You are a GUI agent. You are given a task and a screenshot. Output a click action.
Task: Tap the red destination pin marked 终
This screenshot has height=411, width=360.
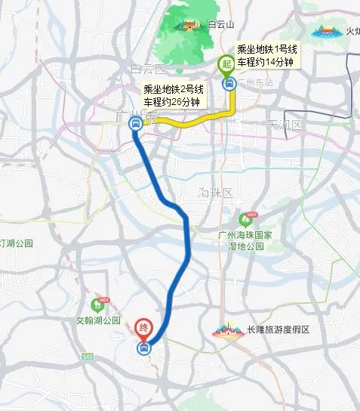(143, 329)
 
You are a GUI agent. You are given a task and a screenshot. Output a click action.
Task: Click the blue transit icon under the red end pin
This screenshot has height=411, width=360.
(143, 348)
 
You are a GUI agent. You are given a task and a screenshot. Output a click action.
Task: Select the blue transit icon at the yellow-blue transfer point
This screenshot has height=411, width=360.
(135, 125)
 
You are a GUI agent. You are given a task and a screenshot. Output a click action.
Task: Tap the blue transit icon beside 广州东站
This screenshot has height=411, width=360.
(227, 83)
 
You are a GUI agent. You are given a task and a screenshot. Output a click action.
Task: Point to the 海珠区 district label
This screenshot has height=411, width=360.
(214, 191)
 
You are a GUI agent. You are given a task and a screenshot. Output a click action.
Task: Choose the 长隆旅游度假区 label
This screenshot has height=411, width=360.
(278, 330)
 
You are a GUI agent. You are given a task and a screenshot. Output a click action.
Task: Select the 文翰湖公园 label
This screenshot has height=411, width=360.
(98, 320)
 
